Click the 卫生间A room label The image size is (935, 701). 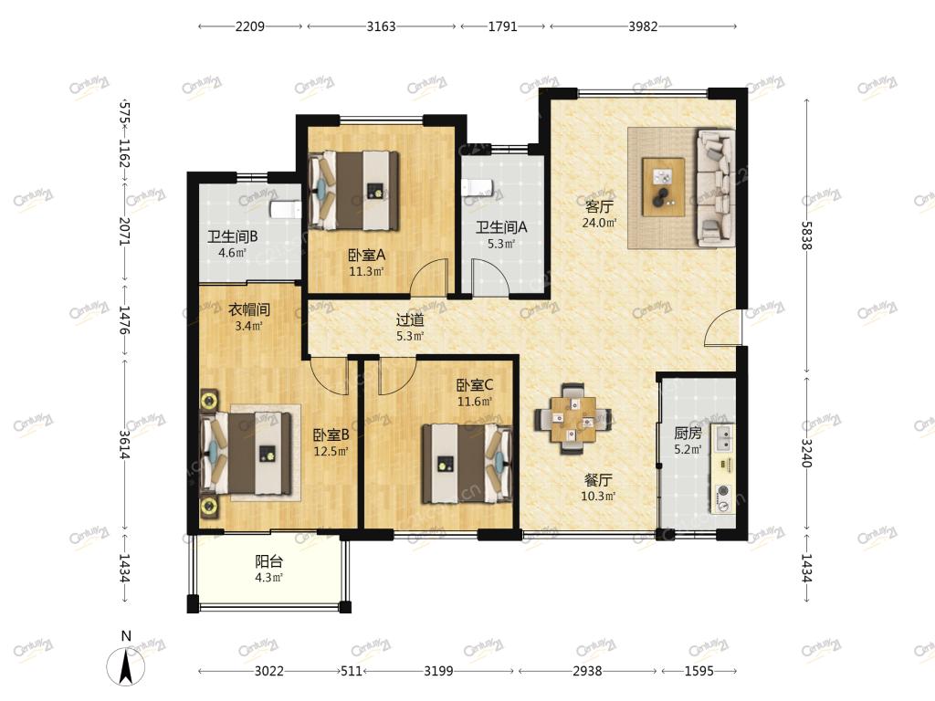501,227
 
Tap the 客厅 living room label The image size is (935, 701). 599,207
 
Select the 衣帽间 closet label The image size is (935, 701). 249,309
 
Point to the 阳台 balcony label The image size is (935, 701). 269,561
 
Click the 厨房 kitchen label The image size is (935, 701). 688,434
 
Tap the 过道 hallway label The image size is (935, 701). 410,320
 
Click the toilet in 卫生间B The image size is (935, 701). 286,209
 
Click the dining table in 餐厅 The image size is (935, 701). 573,418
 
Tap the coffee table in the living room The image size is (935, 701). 663,186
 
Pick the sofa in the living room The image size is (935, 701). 716,188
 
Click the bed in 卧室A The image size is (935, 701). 354,191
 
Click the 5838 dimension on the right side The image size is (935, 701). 807,235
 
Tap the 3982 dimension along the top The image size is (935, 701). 643,26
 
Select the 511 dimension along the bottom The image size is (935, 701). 352,671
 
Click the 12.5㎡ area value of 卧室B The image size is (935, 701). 331,451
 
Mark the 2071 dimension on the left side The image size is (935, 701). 124,231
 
